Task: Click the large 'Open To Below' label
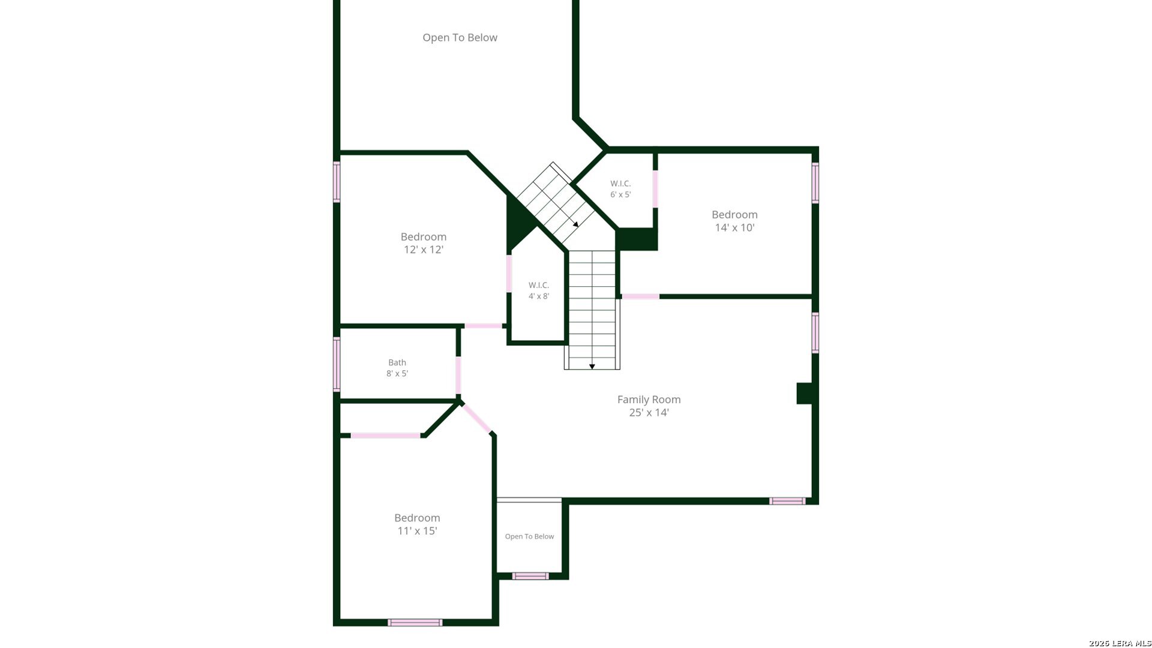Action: (460, 38)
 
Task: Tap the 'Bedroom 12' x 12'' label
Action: (424, 243)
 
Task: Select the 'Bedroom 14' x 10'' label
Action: (734, 221)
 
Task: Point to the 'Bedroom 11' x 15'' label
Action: (417, 524)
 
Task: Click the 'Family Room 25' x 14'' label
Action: (649, 406)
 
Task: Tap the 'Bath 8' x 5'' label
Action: (397, 368)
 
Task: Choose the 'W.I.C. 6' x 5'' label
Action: (620, 189)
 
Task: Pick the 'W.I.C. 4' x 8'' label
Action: (539, 290)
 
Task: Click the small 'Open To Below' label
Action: (529, 536)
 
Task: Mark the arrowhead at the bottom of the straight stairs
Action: (592, 366)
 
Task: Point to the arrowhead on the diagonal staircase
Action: (575, 224)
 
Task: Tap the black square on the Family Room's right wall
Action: (804, 394)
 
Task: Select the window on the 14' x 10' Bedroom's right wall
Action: (815, 183)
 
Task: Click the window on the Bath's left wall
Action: (337, 364)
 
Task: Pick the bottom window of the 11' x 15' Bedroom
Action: (415, 623)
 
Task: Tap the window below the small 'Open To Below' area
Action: (530, 576)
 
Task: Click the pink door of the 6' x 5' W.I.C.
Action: (655, 189)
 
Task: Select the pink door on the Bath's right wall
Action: (458, 375)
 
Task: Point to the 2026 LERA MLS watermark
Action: (1120, 643)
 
